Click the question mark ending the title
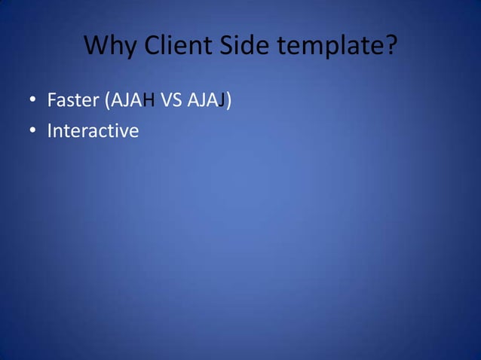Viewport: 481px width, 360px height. pyautogui.click(x=391, y=47)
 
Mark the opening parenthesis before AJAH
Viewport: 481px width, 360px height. pyautogui.click(x=108, y=100)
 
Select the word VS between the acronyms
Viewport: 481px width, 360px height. pyautogui.click(x=173, y=99)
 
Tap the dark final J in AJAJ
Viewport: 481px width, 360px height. pyautogui.click(x=220, y=100)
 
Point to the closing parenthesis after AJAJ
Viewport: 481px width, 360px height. pyautogui.click(x=227, y=100)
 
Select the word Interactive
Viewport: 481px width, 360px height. pyautogui.click(x=93, y=131)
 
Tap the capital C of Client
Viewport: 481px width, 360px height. pyautogui.click(x=152, y=47)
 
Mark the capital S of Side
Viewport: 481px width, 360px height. pyautogui.click(x=228, y=47)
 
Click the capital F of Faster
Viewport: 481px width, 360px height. pyautogui.click(x=52, y=99)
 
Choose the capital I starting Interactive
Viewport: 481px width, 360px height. pyautogui.click(x=49, y=131)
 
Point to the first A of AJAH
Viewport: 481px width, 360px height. pyautogui.click(x=118, y=99)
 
